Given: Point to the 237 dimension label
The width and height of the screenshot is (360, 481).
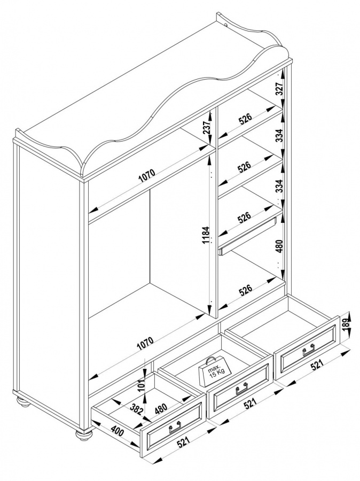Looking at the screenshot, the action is click(x=207, y=126).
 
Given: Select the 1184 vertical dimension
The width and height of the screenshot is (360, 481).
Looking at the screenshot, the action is click(x=206, y=235).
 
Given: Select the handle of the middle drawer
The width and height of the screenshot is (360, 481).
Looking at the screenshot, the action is click(x=241, y=389).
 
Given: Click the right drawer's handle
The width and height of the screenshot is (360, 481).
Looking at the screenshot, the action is click(x=308, y=350).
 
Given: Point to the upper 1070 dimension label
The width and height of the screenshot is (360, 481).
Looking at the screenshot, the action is click(x=147, y=176).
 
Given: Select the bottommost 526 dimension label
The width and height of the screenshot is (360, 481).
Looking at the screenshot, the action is click(x=245, y=290).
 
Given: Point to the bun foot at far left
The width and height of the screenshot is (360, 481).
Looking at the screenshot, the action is click(x=22, y=401).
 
